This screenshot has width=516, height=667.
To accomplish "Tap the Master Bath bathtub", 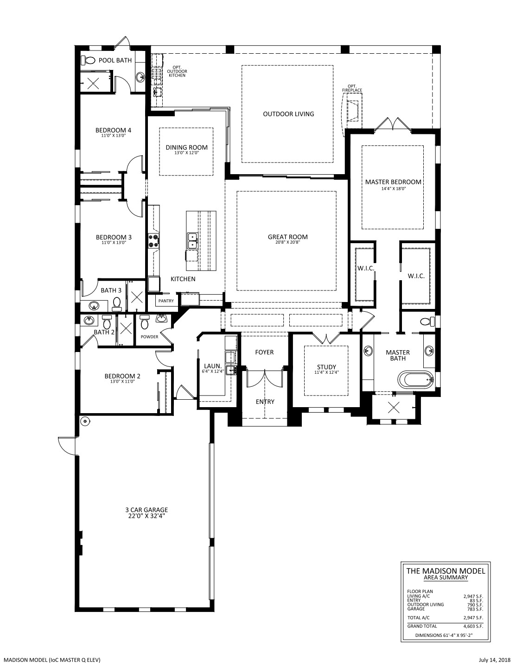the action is point(416,380).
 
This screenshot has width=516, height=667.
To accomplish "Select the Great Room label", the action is point(287,237).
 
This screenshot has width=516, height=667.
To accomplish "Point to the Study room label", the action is point(326,367).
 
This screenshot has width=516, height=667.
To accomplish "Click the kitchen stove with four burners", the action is point(153,241).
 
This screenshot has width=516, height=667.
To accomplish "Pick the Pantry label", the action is point(166,301).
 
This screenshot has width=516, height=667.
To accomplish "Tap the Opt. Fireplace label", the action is point(352,88).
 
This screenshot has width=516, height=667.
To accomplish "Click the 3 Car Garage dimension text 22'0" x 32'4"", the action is point(147,516).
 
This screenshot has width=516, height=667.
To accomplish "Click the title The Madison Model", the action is point(446,571).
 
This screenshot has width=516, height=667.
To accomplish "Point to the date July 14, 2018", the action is point(494,659).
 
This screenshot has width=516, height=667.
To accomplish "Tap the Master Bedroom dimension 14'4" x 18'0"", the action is point(394,189).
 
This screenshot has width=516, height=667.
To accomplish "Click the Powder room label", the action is point(149,337).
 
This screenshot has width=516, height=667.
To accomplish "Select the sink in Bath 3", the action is point(94,305).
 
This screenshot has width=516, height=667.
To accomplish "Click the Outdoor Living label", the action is point(288,114).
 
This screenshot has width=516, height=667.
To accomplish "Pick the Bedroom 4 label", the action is point(113,130).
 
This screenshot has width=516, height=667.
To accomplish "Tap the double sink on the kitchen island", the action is point(192,241).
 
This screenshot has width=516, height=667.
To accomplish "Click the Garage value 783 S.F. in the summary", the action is point(475,609).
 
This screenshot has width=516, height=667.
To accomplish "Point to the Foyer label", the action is point(264,352).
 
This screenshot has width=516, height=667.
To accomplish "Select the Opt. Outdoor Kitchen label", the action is point(177,71).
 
